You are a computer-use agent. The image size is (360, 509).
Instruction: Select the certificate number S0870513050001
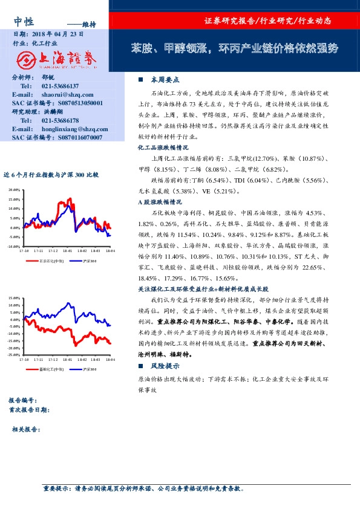pyautogui.click(x=77, y=103)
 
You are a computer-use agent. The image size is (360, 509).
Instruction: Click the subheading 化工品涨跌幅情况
pyautogui.click(x=163, y=147)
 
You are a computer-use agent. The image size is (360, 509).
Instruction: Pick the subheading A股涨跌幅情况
pyautogui.click(x=160, y=202)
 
